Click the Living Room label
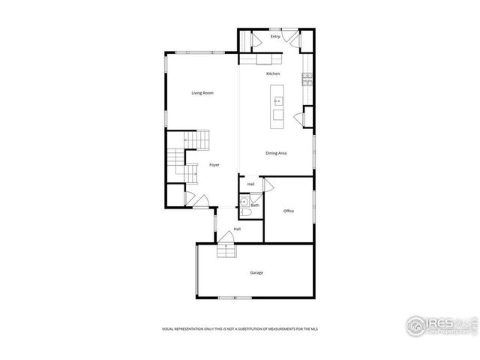click(x=202, y=93)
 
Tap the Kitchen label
click(x=273, y=73)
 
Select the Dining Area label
click(x=276, y=153)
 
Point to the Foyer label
click(x=214, y=164)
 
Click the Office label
click(x=289, y=211)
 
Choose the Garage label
click(x=256, y=272)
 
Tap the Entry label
click(x=275, y=36)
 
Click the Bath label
click(x=255, y=205)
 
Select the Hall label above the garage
click(x=237, y=229)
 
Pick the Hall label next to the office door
click(x=250, y=184)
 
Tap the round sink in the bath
click(x=244, y=202)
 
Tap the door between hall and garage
click(x=226, y=238)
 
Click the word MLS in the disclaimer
click(x=325, y=328)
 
